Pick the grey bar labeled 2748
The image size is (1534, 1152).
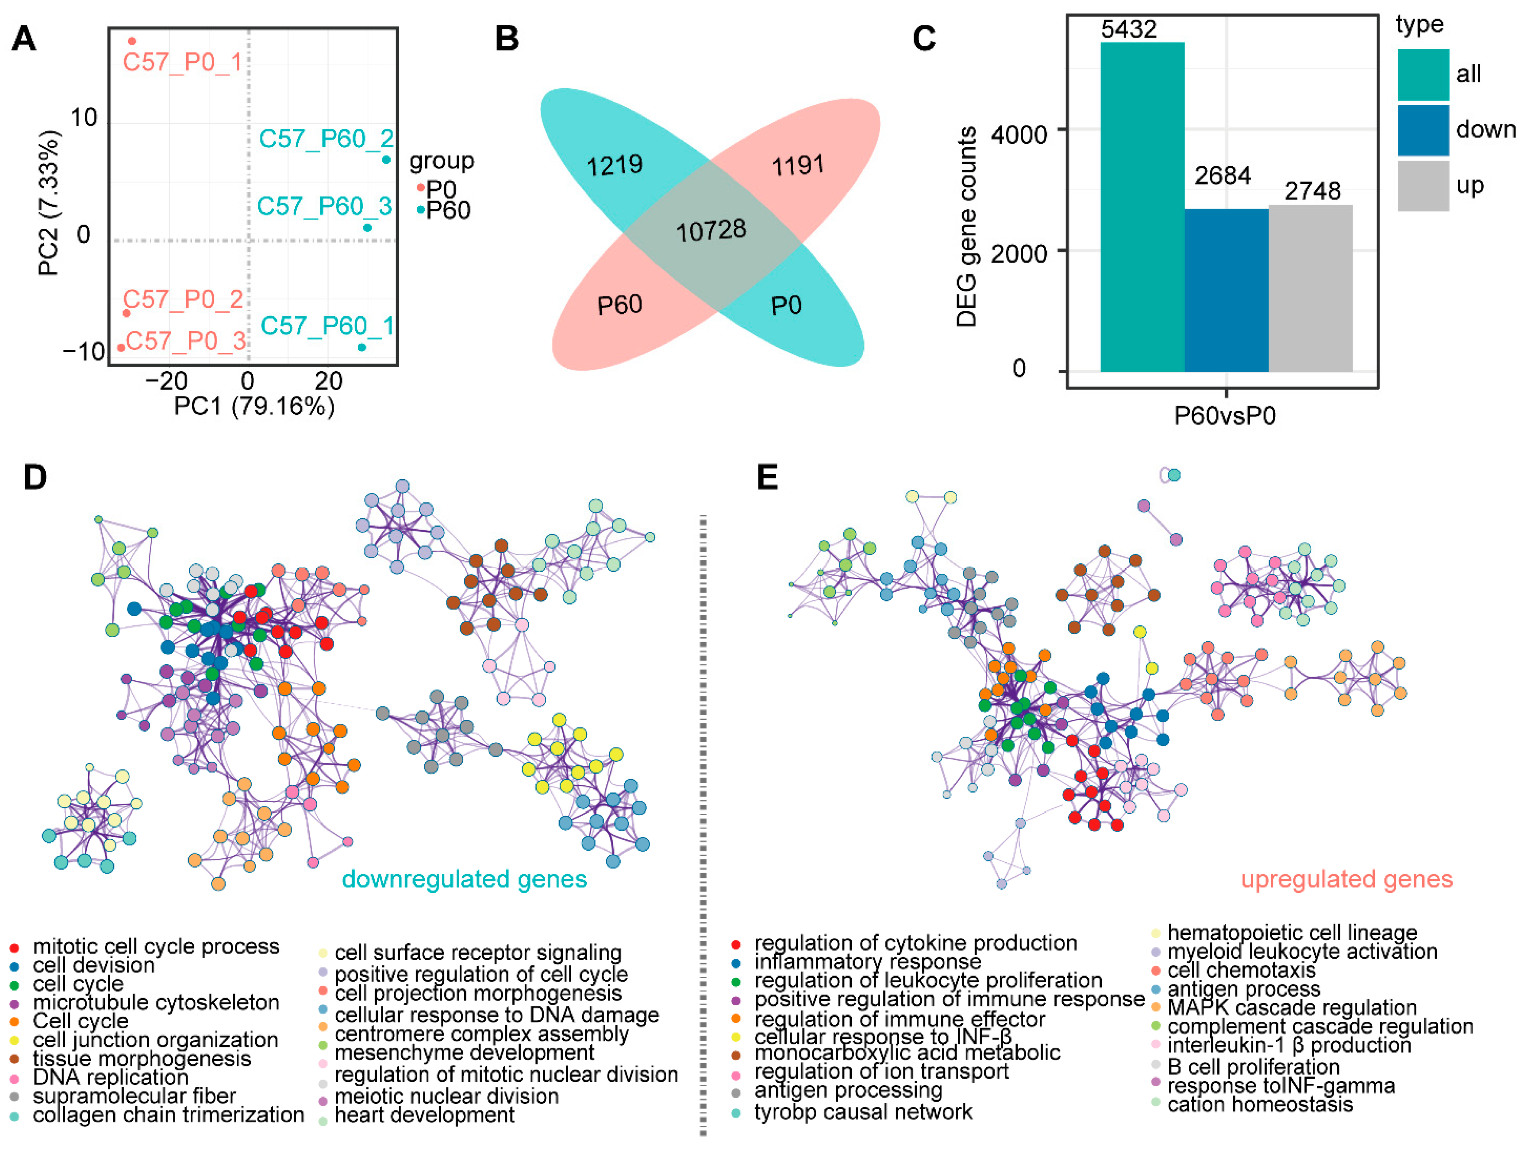tap(1310, 288)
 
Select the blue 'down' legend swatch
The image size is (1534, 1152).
tap(1423, 130)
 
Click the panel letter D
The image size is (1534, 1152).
tap(35, 477)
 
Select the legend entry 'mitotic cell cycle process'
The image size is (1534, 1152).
tap(156, 947)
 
